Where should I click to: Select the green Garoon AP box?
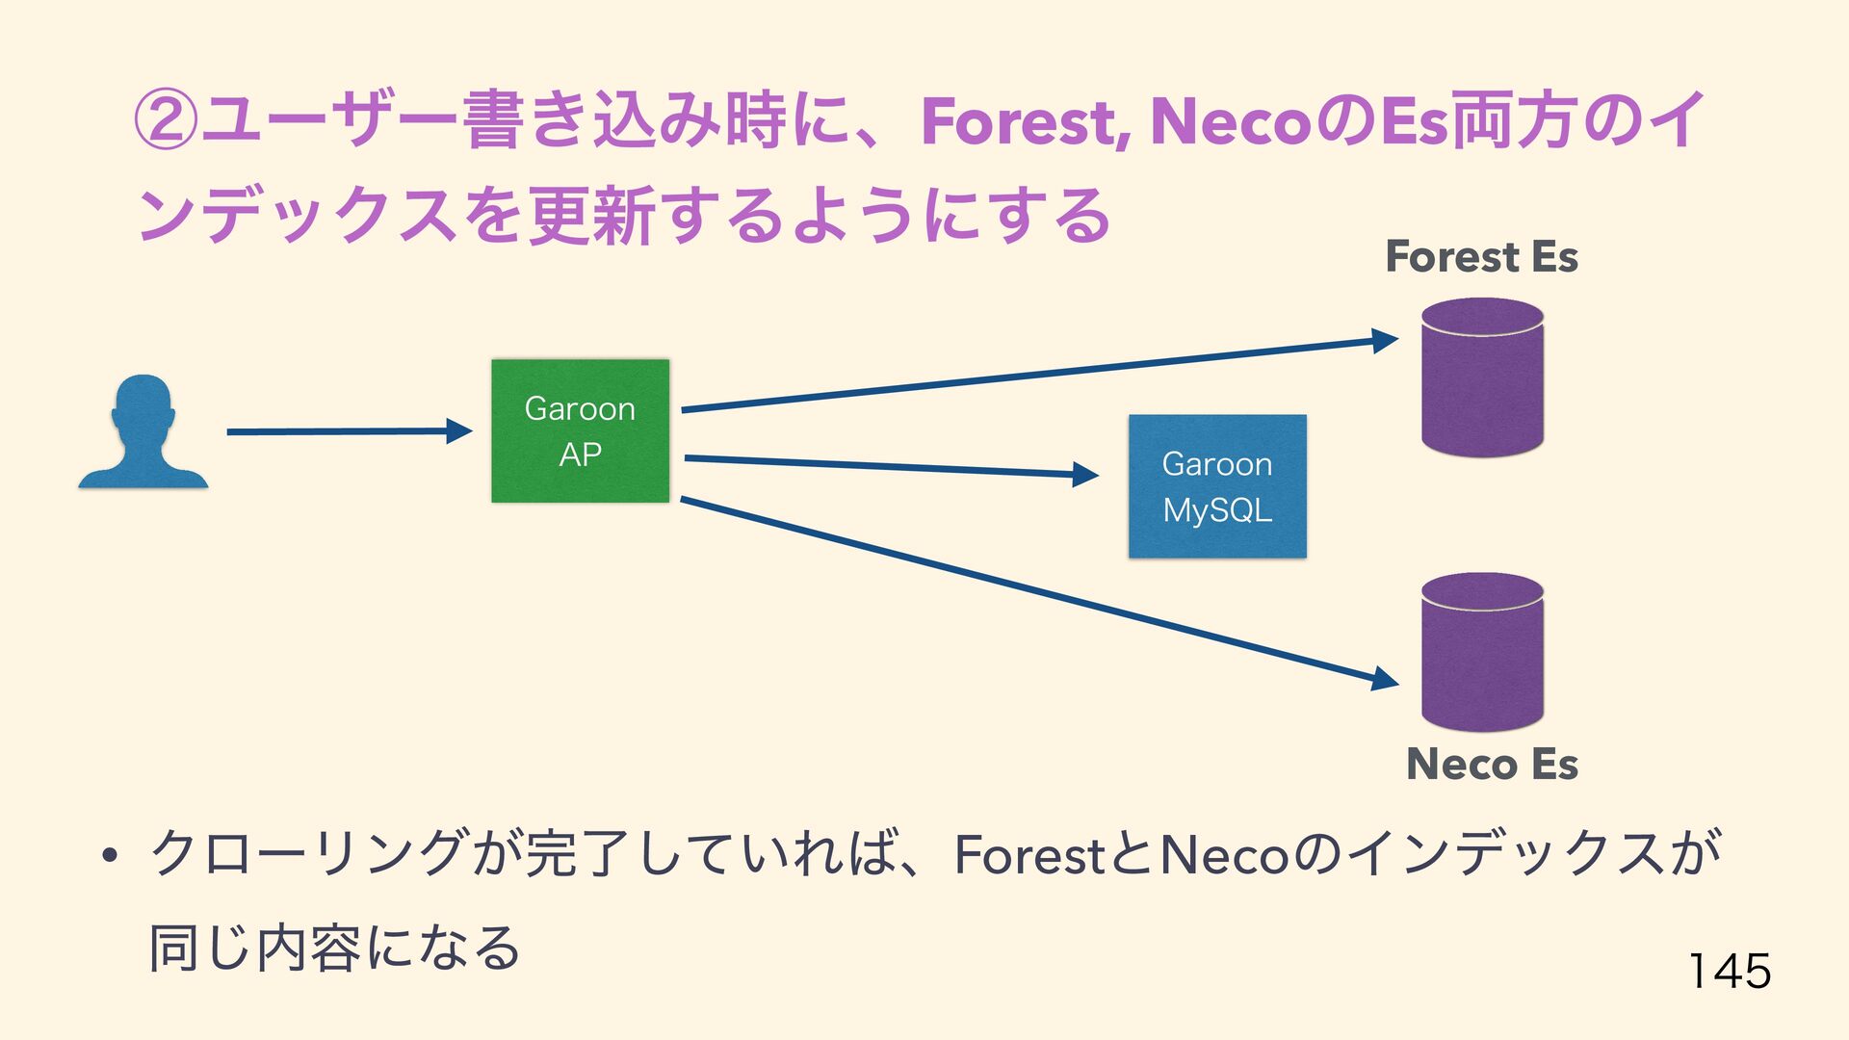[580, 430]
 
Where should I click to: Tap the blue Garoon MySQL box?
[1217, 486]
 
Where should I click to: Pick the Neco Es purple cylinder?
[1482, 652]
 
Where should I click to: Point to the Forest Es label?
[1481, 257]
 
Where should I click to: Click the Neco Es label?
[1492, 765]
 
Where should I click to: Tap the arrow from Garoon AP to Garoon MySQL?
[890, 466]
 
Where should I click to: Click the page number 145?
[1730, 970]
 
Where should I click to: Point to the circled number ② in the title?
[165, 122]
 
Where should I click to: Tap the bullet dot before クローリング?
[109, 856]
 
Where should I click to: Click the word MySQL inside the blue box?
[1217, 510]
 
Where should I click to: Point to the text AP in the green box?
[580, 454]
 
